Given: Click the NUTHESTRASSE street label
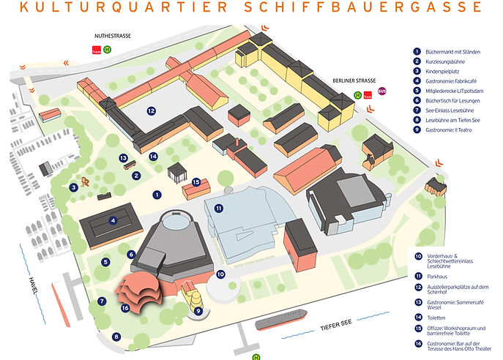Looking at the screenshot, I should coord(112,35).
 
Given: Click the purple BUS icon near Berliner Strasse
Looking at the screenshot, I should coord(379,94).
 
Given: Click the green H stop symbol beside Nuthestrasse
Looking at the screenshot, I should coord(108,50).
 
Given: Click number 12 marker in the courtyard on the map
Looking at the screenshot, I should coord(151,111).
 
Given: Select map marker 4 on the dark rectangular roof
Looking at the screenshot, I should coord(113,220).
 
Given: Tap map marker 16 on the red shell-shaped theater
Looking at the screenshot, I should coord(125,308).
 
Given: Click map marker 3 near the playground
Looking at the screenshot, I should coord(74,187).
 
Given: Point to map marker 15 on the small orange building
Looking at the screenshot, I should coord(195,182).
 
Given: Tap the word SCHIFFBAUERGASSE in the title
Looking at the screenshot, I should coord(381,8).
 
